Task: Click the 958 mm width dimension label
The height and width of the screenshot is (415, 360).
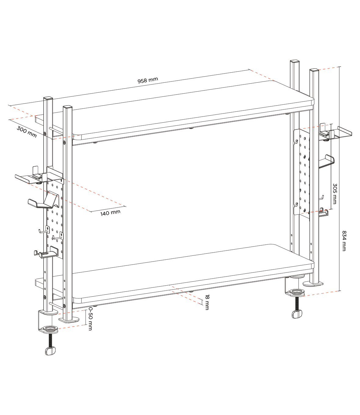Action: click(148, 80)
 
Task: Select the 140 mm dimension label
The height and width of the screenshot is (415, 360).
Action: click(110, 213)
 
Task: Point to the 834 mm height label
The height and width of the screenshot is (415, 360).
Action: click(344, 241)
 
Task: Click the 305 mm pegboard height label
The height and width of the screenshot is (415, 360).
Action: click(335, 194)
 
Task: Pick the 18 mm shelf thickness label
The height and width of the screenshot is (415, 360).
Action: click(207, 302)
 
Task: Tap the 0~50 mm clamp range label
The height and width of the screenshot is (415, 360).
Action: click(90, 319)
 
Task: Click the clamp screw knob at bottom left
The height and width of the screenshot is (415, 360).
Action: click(50, 351)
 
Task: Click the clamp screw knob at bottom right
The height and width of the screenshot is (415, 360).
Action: click(297, 314)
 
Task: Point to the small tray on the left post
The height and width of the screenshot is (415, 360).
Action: click(31, 178)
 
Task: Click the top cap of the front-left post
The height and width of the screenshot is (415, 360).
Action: click(67, 107)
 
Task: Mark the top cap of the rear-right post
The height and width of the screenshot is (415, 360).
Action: click(295, 61)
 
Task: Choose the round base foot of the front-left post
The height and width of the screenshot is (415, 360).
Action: click(69, 320)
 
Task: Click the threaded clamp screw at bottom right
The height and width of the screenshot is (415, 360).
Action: click(297, 303)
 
